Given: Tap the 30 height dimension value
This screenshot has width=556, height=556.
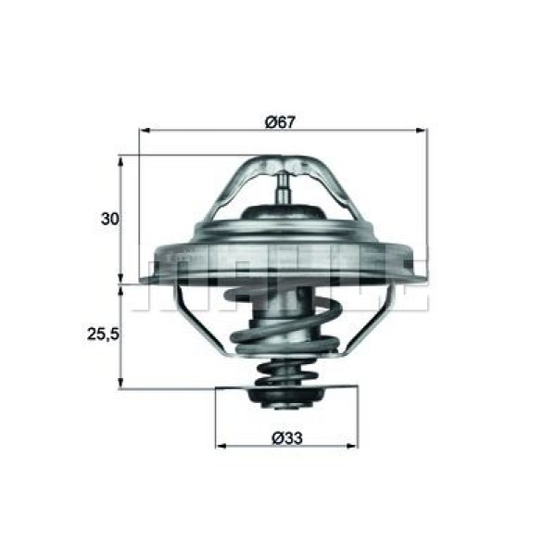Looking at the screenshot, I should [x=110, y=220].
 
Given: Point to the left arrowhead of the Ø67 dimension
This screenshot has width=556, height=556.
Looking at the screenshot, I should [x=144, y=133].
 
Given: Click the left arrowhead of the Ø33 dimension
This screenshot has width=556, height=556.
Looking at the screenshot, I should [x=221, y=446].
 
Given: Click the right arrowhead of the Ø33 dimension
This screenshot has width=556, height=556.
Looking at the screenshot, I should [x=353, y=446].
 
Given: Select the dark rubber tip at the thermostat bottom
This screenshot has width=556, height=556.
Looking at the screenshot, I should [x=286, y=398].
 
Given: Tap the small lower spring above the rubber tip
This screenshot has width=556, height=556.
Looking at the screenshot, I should [x=285, y=375].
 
